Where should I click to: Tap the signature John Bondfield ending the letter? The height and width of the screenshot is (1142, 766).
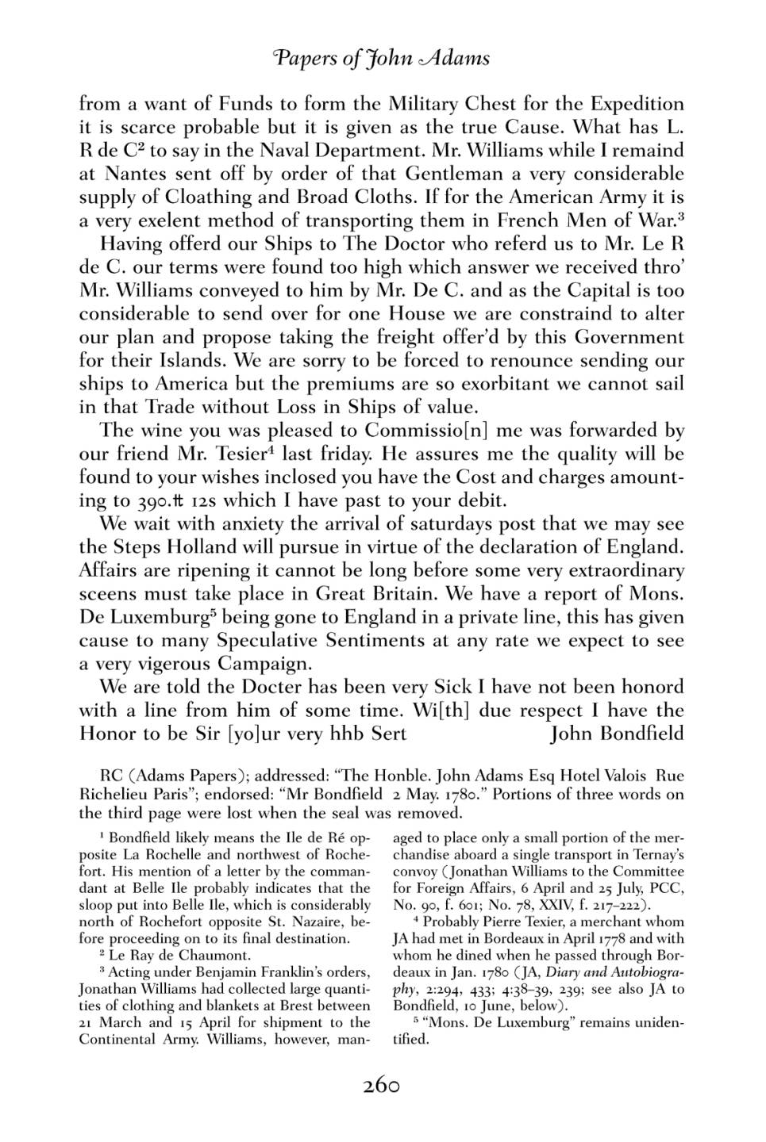(x=617, y=733)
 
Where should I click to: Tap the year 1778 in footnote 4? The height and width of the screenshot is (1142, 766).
(x=590, y=938)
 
